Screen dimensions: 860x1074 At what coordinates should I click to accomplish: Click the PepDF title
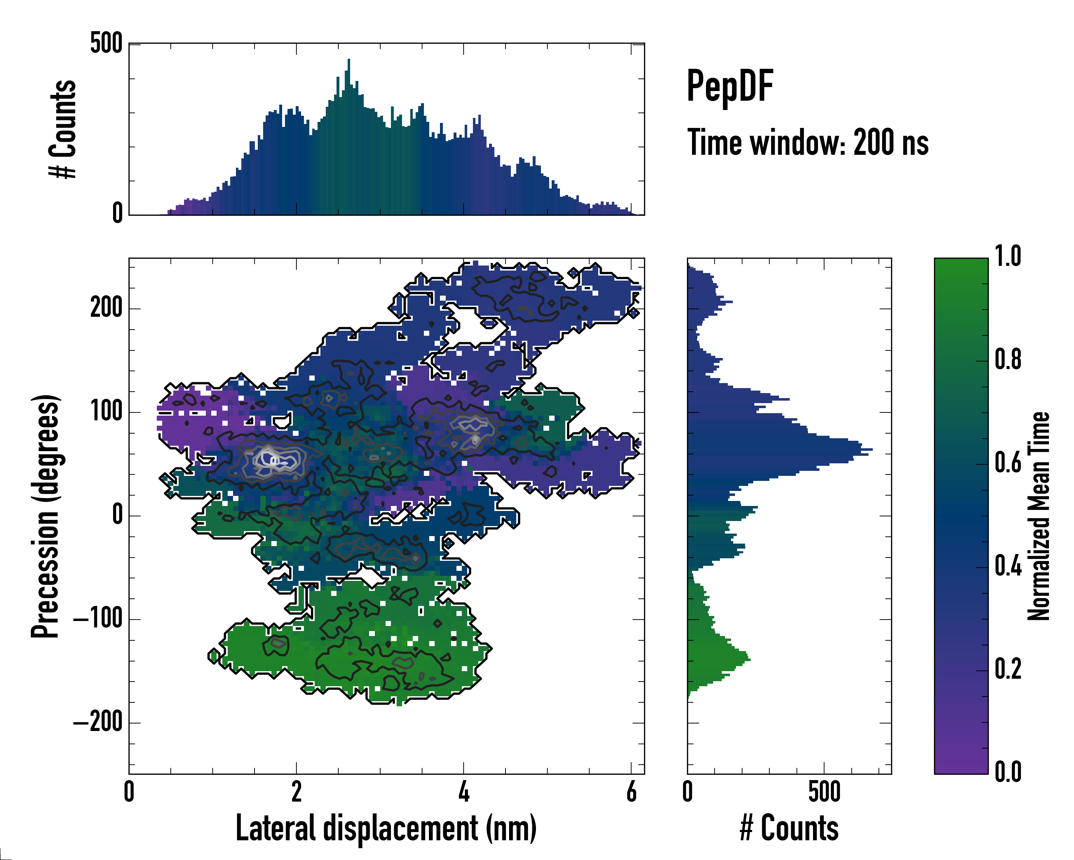(x=730, y=87)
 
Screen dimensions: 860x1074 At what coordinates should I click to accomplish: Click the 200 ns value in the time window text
(x=891, y=143)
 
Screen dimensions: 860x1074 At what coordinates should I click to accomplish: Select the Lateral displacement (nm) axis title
(x=386, y=828)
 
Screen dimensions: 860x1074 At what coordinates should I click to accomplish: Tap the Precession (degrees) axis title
(x=45, y=516)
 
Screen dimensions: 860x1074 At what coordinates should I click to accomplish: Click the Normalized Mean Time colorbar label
(x=1039, y=516)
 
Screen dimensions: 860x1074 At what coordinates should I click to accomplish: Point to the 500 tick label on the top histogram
(x=106, y=43)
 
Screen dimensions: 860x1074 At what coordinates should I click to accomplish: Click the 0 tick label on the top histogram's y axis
(x=117, y=213)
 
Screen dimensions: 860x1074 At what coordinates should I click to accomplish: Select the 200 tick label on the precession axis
(x=106, y=307)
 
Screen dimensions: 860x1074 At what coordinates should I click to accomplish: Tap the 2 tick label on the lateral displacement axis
(x=296, y=792)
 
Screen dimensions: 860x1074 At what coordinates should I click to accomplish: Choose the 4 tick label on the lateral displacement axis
(x=464, y=792)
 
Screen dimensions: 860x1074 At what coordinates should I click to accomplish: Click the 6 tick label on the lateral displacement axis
(x=631, y=792)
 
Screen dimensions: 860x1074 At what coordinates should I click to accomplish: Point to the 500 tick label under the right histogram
(x=824, y=792)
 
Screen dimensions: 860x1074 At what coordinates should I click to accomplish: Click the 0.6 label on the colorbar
(x=1008, y=463)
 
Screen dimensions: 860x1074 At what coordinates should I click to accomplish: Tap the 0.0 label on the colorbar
(x=1008, y=772)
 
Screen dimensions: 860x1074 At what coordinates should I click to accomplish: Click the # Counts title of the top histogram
(x=63, y=129)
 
